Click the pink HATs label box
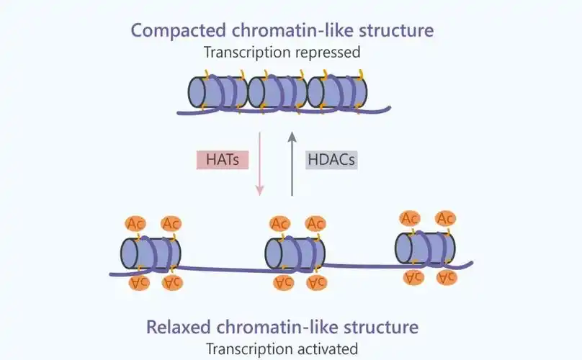tap(223, 159)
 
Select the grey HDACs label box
tap(331, 159)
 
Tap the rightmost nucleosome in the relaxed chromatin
tap(425, 247)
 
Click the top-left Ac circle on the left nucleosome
tap(135, 224)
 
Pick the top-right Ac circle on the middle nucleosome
tap(315, 224)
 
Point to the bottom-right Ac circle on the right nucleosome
tap(446, 276)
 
